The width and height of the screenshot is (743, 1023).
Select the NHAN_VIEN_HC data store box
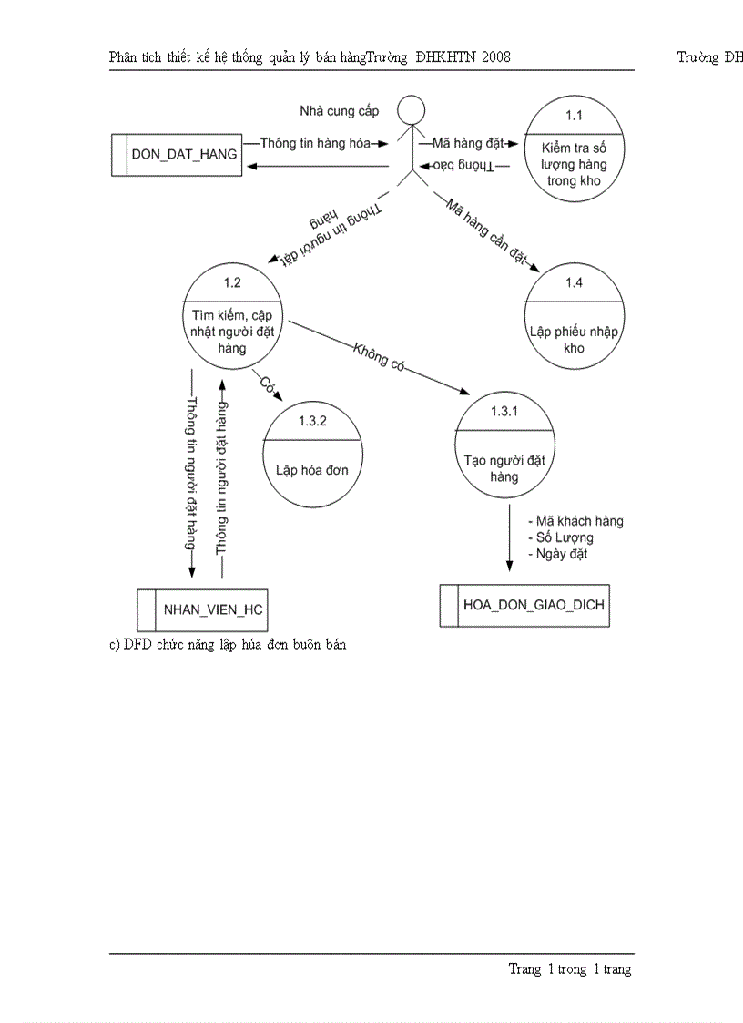pyautogui.click(x=202, y=609)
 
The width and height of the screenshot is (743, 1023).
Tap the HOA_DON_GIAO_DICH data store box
pyautogui.click(x=524, y=606)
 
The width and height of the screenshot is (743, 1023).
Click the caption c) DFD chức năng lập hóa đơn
pyautogui.click(x=228, y=644)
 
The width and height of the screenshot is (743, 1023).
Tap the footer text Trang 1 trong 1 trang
pyautogui.click(x=569, y=969)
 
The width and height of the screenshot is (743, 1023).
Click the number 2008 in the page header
pyautogui.click(x=494, y=56)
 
